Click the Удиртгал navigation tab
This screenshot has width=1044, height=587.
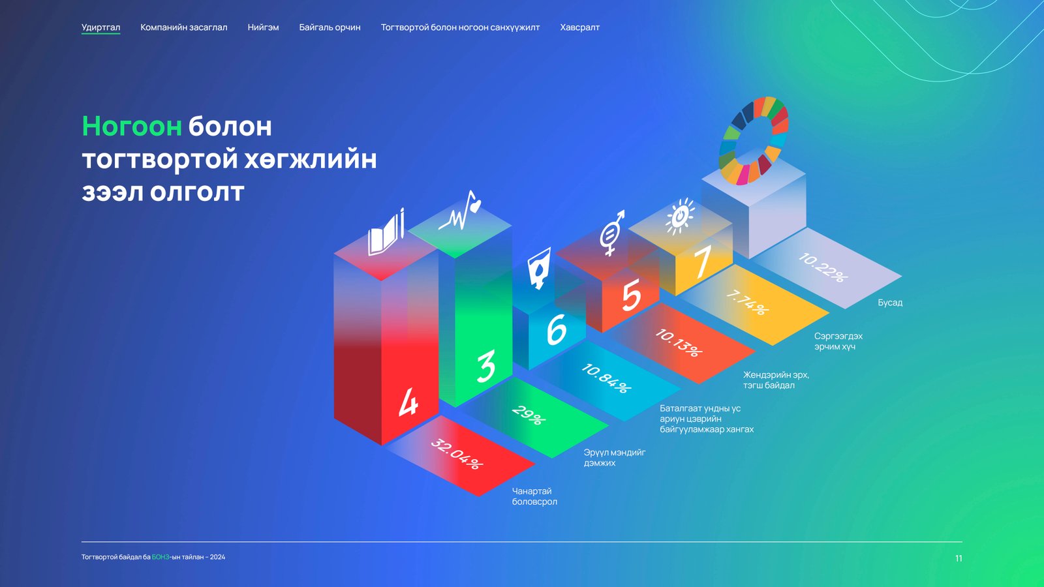(100, 27)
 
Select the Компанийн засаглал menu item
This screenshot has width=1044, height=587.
(183, 27)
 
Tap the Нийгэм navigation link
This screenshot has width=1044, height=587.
(263, 27)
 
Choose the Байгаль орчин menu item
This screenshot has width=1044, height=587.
(330, 27)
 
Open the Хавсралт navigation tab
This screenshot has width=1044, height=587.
(579, 27)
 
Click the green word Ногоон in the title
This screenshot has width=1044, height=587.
(132, 127)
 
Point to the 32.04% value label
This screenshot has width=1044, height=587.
(457, 454)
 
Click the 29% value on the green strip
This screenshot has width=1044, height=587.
(528, 415)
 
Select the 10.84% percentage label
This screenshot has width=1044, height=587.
(606, 379)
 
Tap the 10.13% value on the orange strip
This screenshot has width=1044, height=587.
(679, 343)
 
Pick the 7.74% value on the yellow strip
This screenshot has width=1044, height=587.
(748, 303)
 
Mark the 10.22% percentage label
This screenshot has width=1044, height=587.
(823, 267)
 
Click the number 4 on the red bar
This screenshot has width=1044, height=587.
(408, 402)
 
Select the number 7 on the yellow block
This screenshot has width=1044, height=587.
(702, 262)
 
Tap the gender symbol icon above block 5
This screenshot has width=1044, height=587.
(611, 232)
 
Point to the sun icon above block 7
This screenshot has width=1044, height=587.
(680, 216)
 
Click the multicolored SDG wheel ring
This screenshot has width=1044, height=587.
(754, 140)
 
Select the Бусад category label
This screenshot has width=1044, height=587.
(890, 303)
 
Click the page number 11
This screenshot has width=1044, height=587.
(959, 558)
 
